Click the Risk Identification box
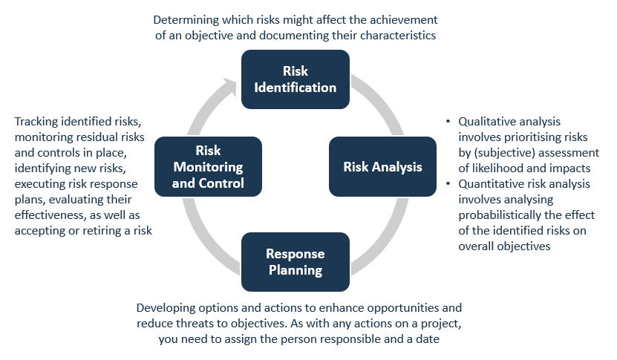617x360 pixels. [296, 79]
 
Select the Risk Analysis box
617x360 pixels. [382, 166]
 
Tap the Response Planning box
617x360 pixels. [296, 262]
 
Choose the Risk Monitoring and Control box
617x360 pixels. [208, 166]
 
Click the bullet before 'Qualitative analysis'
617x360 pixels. [448, 121]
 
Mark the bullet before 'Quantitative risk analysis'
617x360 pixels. [448, 183]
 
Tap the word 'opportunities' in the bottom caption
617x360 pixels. [402, 308]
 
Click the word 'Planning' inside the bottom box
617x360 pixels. [296, 270]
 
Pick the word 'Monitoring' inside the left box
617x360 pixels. [208, 167]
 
